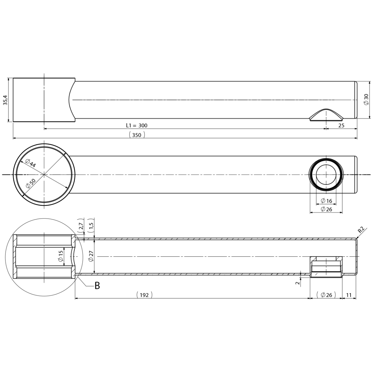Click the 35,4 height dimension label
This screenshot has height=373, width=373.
(6, 100)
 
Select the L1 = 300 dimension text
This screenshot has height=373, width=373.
(137, 126)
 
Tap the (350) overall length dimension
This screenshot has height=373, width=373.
(137, 135)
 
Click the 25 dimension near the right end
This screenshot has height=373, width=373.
(341, 126)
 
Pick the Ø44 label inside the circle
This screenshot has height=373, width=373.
(30, 163)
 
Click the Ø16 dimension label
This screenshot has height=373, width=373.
(326, 201)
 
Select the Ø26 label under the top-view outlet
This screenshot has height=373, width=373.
(326, 209)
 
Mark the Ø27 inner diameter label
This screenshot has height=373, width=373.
(91, 257)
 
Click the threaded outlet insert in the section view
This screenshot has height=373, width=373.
(326, 267)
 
